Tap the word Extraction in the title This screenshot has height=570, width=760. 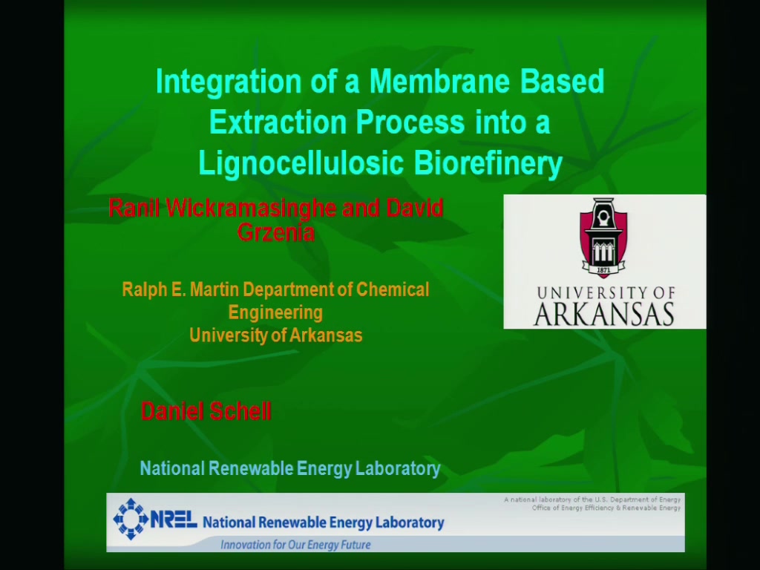pos(278,122)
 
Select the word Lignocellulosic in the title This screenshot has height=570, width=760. pos(301,163)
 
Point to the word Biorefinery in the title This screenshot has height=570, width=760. pos(488,163)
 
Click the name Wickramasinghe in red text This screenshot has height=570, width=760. pos(251,208)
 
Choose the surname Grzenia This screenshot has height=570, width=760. pos(276,232)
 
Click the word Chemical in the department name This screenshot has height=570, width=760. pos(393,289)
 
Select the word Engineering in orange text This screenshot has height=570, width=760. pos(275,312)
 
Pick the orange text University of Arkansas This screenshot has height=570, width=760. pos(276,335)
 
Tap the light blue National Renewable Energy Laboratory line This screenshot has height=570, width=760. pos(290,469)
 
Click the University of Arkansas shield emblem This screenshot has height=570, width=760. pos(603,237)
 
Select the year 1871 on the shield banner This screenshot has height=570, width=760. pos(603,269)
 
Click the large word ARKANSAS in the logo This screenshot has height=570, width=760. pos(604,314)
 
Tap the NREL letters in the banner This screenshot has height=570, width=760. pos(174,520)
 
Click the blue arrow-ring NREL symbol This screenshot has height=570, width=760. pos(130,519)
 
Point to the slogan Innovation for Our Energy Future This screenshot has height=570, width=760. pos(295,545)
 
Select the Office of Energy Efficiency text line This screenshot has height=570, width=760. pos(606,508)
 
